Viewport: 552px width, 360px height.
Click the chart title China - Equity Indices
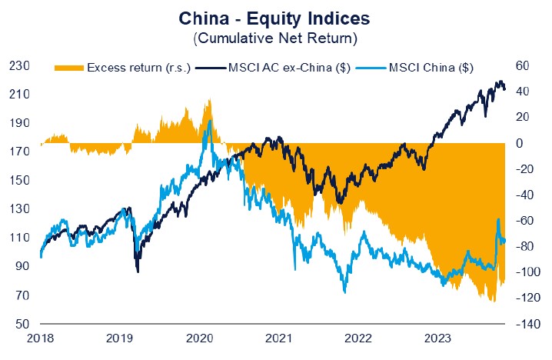pyautogui.click(x=275, y=16)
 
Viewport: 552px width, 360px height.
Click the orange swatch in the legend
pyautogui.click(x=69, y=68)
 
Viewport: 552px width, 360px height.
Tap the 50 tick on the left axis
pyautogui.click(x=20, y=324)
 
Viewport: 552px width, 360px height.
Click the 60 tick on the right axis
pyautogui.click(x=525, y=66)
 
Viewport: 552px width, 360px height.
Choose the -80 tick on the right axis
pyautogui.click(x=526, y=247)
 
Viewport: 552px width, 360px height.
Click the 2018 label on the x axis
pyautogui.click(x=40, y=338)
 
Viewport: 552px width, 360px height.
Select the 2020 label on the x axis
pyautogui.click(x=199, y=338)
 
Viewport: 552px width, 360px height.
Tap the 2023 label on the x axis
pyautogui.click(x=438, y=338)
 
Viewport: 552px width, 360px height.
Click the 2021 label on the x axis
pyautogui.click(x=279, y=338)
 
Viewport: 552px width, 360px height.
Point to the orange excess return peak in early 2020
pyautogui.click(x=208, y=101)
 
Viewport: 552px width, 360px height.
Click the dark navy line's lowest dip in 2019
pyautogui.click(x=138, y=271)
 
